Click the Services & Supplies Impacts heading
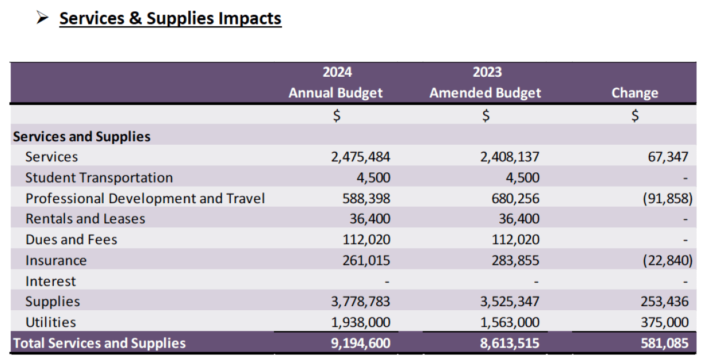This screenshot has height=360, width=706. click(x=170, y=18)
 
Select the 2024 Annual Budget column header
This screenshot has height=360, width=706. click(x=336, y=83)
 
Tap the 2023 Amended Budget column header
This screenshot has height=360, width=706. click(x=486, y=83)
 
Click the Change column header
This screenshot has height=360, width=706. click(x=635, y=93)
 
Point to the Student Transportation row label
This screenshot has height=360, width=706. click(x=99, y=177)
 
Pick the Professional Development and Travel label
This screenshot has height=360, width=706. click(x=145, y=199)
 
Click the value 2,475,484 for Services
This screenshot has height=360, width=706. click(x=361, y=157)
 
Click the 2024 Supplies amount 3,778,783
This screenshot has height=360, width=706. click(x=361, y=302)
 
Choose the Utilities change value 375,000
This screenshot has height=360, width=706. click(x=664, y=322)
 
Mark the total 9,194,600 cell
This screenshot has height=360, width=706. click(x=361, y=343)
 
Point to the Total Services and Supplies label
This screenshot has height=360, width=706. click(x=100, y=343)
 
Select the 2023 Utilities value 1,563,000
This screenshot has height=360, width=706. click(x=510, y=322)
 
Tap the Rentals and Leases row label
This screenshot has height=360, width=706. click(x=85, y=219)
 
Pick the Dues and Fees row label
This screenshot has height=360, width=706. click(x=71, y=239)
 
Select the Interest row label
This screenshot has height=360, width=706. click(x=50, y=281)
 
